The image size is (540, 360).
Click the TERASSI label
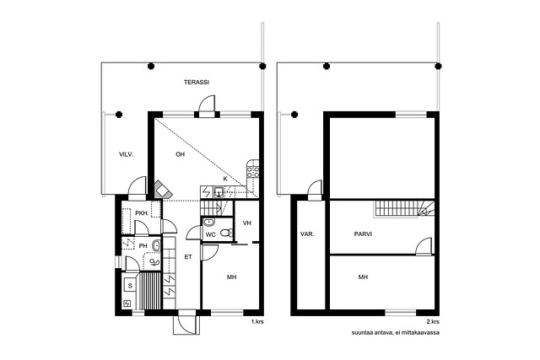197,83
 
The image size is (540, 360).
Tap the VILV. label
126,154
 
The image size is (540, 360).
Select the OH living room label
180,154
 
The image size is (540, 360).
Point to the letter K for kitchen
225,179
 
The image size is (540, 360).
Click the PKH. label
142,213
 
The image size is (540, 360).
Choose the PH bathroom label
143,246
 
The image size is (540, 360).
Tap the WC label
210,234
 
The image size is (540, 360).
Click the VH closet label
247,223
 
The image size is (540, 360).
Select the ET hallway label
187,257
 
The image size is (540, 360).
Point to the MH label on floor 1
231,277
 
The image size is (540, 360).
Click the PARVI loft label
363,234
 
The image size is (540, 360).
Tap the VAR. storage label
307,234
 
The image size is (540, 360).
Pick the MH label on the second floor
363,277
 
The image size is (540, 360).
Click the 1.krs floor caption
257,322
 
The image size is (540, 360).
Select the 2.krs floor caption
433,322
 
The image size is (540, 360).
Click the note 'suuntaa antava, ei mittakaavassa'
396,333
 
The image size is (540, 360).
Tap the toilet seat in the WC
225,234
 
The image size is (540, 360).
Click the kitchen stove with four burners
253,171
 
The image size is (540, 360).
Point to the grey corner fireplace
162,190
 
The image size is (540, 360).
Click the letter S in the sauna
130,286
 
